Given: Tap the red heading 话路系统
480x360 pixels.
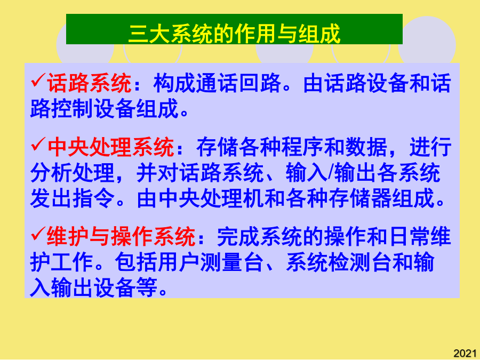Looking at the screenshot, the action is [x=89, y=83].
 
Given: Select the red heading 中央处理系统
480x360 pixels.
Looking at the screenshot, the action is [x=110, y=147].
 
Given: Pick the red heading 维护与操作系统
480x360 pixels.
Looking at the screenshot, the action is [x=121, y=237].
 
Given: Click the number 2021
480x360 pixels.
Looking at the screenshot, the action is [x=465, y=353].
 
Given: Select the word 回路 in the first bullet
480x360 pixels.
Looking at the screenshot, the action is [x=260, y=83].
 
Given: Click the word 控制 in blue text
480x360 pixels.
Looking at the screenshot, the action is [x=72, y=109].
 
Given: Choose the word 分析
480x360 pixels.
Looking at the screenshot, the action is [x=51, y=173].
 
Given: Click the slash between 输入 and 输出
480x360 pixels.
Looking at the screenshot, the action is [x=331, y=173].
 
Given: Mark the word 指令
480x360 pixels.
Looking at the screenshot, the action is [x=93, y=199].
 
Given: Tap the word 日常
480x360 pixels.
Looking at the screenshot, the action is [x=409, y=237].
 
